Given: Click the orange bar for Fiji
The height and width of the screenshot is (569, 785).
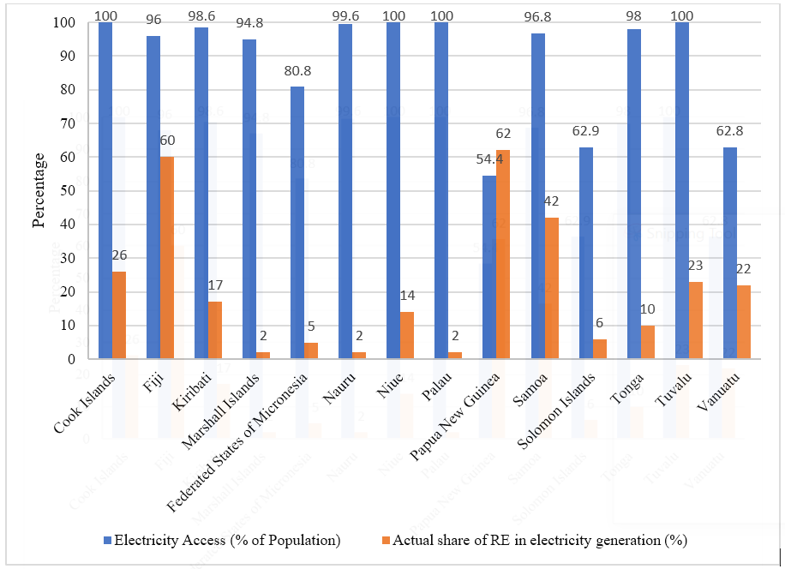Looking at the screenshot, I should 167,258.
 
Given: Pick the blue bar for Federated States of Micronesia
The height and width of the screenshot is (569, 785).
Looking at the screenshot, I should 297,223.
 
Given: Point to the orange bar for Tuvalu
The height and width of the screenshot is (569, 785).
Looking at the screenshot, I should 695,320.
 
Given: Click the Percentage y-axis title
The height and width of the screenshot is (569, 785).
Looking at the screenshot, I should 39,190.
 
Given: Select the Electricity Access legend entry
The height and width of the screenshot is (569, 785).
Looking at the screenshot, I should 221,541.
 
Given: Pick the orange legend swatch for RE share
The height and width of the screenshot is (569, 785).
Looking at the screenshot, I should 387,541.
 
